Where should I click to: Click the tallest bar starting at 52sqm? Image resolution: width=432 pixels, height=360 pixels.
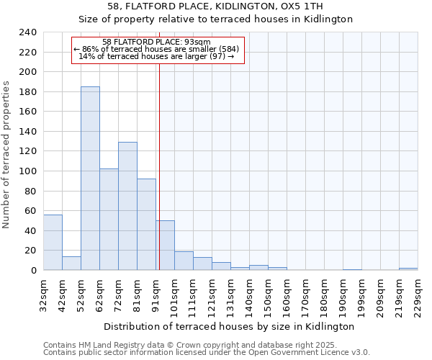(x=90, y=179)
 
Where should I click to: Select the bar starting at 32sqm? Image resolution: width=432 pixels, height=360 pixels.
(x=53, y=243)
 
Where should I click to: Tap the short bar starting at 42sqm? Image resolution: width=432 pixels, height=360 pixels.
(x=71, y=264)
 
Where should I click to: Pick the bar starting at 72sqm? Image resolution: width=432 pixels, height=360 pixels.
(x=127, y=206)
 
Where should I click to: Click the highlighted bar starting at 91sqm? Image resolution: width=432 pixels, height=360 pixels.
(x=165, y=246)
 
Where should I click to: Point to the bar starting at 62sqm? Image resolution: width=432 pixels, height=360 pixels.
(x=109, y=220)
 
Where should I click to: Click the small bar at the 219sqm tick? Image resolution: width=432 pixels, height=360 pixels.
(x=408, y=269)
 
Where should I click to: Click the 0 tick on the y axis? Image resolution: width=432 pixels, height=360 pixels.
(x=34, y=270)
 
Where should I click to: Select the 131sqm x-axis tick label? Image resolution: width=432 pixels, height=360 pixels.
(x=231, y=294)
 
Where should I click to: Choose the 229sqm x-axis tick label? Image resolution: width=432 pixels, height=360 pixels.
(x=418, y=294)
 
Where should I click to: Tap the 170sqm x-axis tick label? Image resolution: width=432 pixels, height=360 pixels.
(x=306, y=294)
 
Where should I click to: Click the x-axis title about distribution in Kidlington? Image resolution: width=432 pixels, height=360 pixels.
(x=230, y=326)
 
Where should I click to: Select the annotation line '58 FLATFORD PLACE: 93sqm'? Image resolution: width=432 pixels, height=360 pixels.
(x=157, y=42)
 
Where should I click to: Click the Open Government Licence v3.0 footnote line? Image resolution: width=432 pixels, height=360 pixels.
(x=207, y=352)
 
